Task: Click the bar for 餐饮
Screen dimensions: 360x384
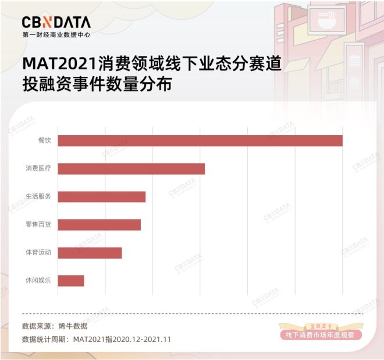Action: [200, 141]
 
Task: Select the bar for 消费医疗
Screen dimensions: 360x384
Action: [131, 169]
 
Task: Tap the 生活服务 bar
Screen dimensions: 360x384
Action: [102, 197]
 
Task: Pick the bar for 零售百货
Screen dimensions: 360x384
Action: [99, 225]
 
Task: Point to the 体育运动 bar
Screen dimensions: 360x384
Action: [90, 253]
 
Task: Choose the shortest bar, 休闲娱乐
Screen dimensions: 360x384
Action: [71, 281]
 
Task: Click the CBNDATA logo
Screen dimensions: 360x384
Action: [56, 22]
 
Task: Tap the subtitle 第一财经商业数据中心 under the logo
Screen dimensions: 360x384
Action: [56, 34]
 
